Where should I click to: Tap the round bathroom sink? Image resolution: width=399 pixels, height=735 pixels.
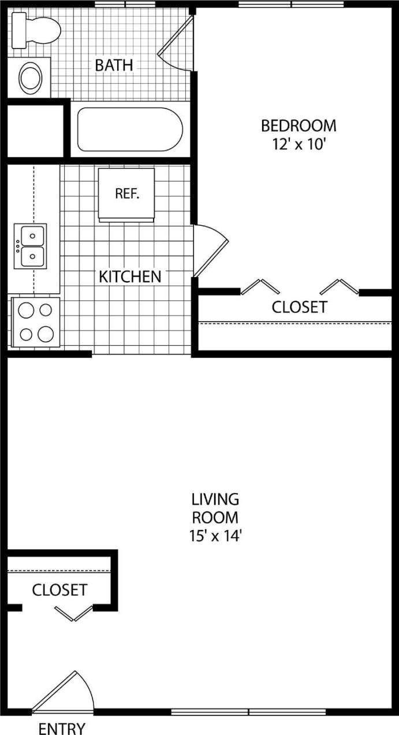29,78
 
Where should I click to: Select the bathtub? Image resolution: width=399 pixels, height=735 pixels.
130,129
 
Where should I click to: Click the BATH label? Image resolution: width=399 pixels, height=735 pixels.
114,65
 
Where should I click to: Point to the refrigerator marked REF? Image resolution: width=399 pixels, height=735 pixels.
126,194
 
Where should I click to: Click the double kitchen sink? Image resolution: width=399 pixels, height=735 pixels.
31,246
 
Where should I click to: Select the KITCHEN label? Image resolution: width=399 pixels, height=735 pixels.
130,277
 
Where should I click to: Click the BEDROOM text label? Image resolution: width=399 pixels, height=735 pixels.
299,125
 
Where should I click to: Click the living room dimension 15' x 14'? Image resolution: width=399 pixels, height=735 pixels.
215,536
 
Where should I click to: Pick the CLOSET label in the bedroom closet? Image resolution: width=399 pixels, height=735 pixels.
299,307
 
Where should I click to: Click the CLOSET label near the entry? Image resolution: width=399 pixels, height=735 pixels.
59,590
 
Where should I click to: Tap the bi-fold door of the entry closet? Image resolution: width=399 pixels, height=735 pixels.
74,613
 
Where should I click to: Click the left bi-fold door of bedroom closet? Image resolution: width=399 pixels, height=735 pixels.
260,286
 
